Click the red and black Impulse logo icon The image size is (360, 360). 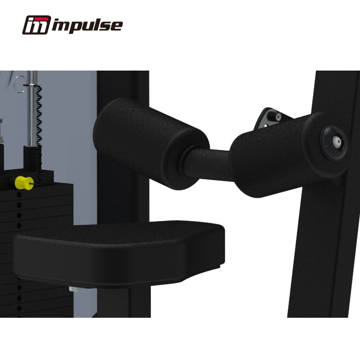(x=36, y=25)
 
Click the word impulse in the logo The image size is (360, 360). (x=87, y=25)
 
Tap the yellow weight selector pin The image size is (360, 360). (x=24, y=182)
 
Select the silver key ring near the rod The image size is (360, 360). (x=21, y=84)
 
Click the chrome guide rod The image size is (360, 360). (x=33, y=108)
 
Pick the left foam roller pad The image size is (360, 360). (x=151, y=144)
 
